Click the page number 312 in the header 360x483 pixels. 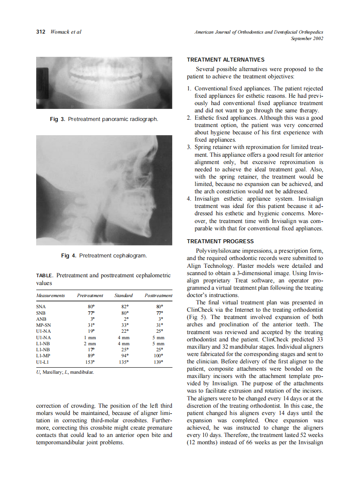(x=41, y=32)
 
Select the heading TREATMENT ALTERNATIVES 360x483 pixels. (x=226, y=59)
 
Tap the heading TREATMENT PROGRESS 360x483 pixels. (x=220, y=241)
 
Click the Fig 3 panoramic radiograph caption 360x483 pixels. (x=104, y=119)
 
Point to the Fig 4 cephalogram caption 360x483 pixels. (x=104, y=256)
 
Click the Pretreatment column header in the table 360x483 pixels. (x=90, y=295)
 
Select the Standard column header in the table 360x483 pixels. (x=124, y=295)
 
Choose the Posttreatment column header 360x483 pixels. (x=158, y=295)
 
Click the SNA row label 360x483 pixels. (x=41, y=307)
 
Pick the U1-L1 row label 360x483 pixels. (x=42, y=362)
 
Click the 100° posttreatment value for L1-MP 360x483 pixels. (x=158, y=356)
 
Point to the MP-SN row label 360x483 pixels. (x=43, y=325)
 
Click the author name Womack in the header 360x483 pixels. (x=60, y=32)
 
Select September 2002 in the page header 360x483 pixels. (x=307, y=38)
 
